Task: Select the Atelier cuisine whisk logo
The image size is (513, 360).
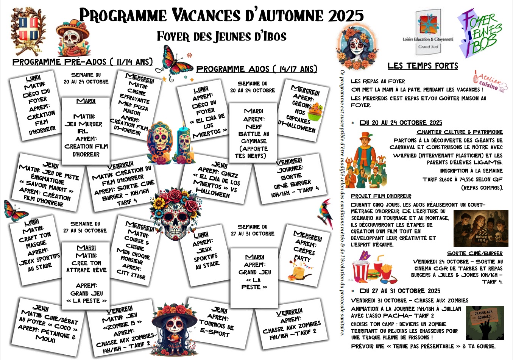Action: [490, 81]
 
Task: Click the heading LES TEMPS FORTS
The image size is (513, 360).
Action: [423, 66]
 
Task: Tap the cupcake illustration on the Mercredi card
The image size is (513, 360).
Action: [315, 110]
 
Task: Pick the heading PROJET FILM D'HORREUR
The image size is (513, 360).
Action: [381, 196]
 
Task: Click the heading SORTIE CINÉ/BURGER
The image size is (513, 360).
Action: [475, 253]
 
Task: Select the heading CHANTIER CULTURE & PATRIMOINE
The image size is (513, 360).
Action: [460, 132]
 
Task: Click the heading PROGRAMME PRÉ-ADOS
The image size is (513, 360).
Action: [83, 62]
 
